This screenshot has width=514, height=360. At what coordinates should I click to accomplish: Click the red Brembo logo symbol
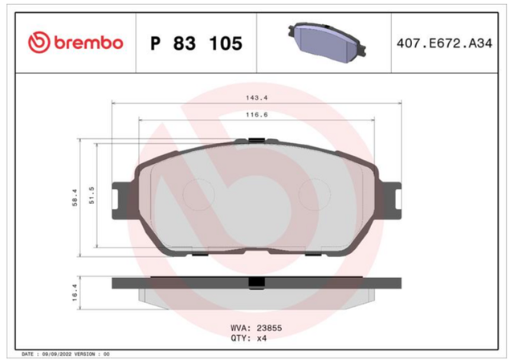pyautogui.click(x=39, y=43)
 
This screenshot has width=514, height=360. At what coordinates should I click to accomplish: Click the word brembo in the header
pyautogui.click(x=88, y=43)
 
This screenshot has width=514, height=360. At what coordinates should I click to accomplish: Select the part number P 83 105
pyautogui.click(x=196, y=43)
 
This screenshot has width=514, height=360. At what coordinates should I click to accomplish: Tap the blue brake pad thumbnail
pyautogui.click(x=327, y=43)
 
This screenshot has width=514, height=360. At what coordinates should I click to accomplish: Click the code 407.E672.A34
pyautogui.click(x=444, y=43)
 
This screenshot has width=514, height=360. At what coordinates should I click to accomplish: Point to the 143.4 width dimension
pyautogui.click(x=257, y=98)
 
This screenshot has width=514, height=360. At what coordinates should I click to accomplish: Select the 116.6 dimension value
pyautogui.click(x=257, y=115)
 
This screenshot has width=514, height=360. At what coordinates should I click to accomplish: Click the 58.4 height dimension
pyautogui.click(x=75, y=198)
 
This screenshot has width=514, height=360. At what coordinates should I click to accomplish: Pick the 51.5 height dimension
pyautogui.click(x=92, y=195)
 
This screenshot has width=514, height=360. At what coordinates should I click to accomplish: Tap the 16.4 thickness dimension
pyautogui.click(x=75, y=292)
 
